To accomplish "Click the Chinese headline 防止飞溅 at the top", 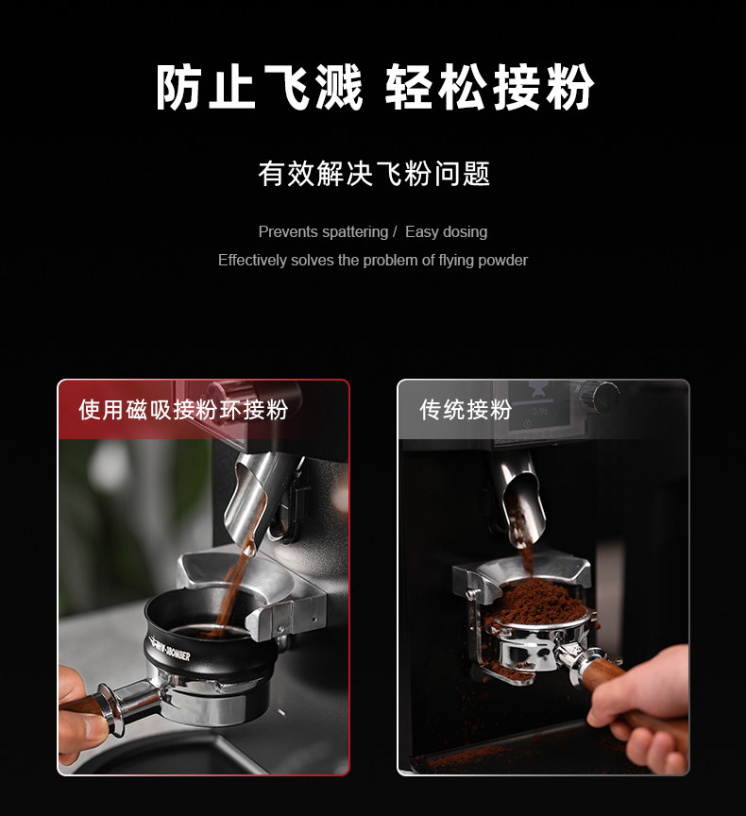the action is coord(259,87).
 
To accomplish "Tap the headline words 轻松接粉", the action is coord(489,87).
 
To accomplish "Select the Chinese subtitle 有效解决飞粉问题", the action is coord(374,173).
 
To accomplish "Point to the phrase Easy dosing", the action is coord(446,232).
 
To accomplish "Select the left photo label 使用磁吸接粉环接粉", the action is coord(183,410).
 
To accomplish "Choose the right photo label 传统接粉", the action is coord(466,410).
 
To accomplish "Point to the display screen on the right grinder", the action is coord(538,406).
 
